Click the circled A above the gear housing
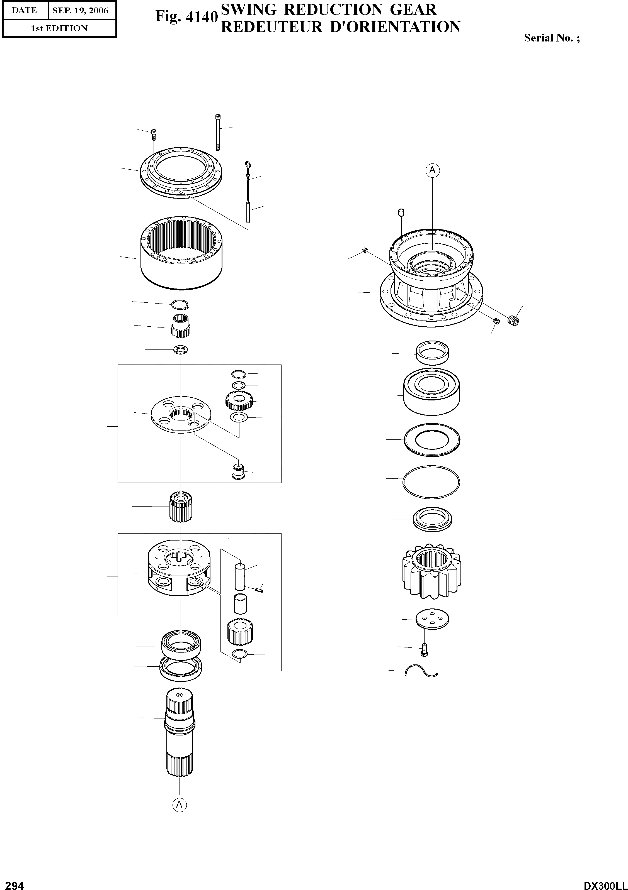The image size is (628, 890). tap(433, 170)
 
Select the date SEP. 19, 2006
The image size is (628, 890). tap(80, 11)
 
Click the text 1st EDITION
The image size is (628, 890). tap(59, 28)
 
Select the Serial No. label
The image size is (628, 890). tap(552, 38)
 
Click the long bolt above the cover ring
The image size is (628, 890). tap(218, 132)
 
